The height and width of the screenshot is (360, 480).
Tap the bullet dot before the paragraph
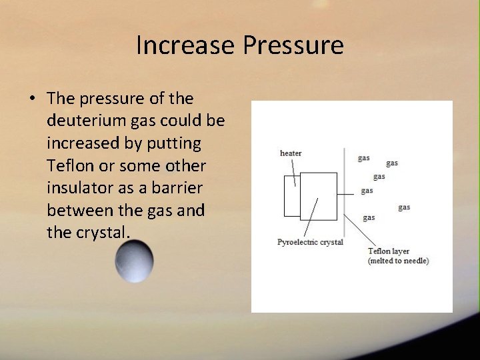[33, 99]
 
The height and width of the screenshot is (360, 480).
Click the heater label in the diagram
[291, 153]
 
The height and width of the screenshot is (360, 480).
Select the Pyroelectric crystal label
[310, 242]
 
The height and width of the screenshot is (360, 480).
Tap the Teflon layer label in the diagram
[389, 251]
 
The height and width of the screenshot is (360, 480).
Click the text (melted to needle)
[398, 261]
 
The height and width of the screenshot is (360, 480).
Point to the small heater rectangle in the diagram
[291, 197]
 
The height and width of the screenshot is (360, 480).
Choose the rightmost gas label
[404, 207]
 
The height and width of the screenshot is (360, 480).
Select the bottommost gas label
[369, 217]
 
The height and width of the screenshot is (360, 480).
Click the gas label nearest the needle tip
[367, 191]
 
